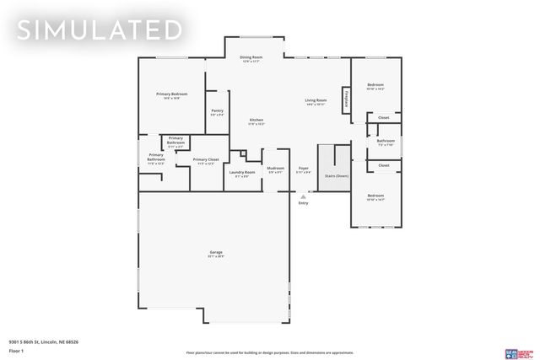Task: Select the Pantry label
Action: point(217,111)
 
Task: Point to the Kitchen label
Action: point(256,121)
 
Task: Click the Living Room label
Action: point(316,101)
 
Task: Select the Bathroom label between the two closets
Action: point(386,142)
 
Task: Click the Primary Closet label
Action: point(206,160)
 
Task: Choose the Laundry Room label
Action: point(242,173)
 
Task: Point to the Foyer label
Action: point(304,169)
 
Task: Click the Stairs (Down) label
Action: point(337,175)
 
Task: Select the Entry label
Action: point(304,203)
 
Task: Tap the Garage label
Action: point(216,253)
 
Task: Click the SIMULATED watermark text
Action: point(100,30)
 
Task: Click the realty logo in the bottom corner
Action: point(516,354)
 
